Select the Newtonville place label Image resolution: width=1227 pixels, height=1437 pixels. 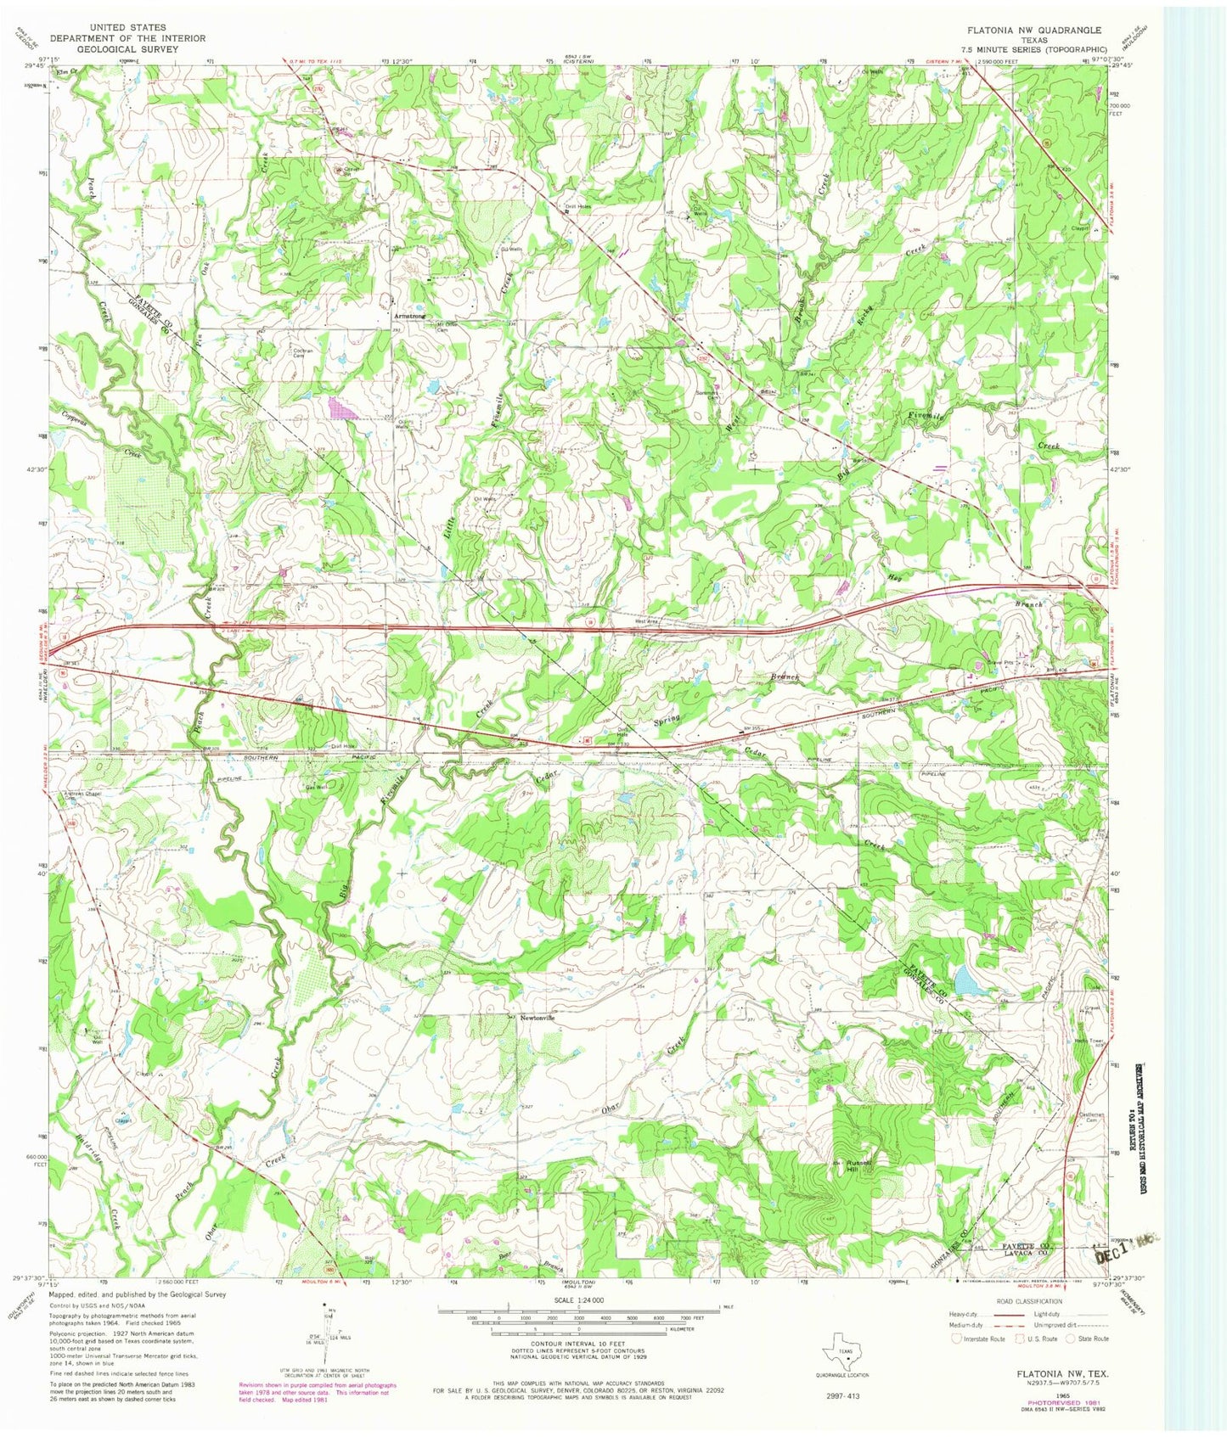(537, 1018)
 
